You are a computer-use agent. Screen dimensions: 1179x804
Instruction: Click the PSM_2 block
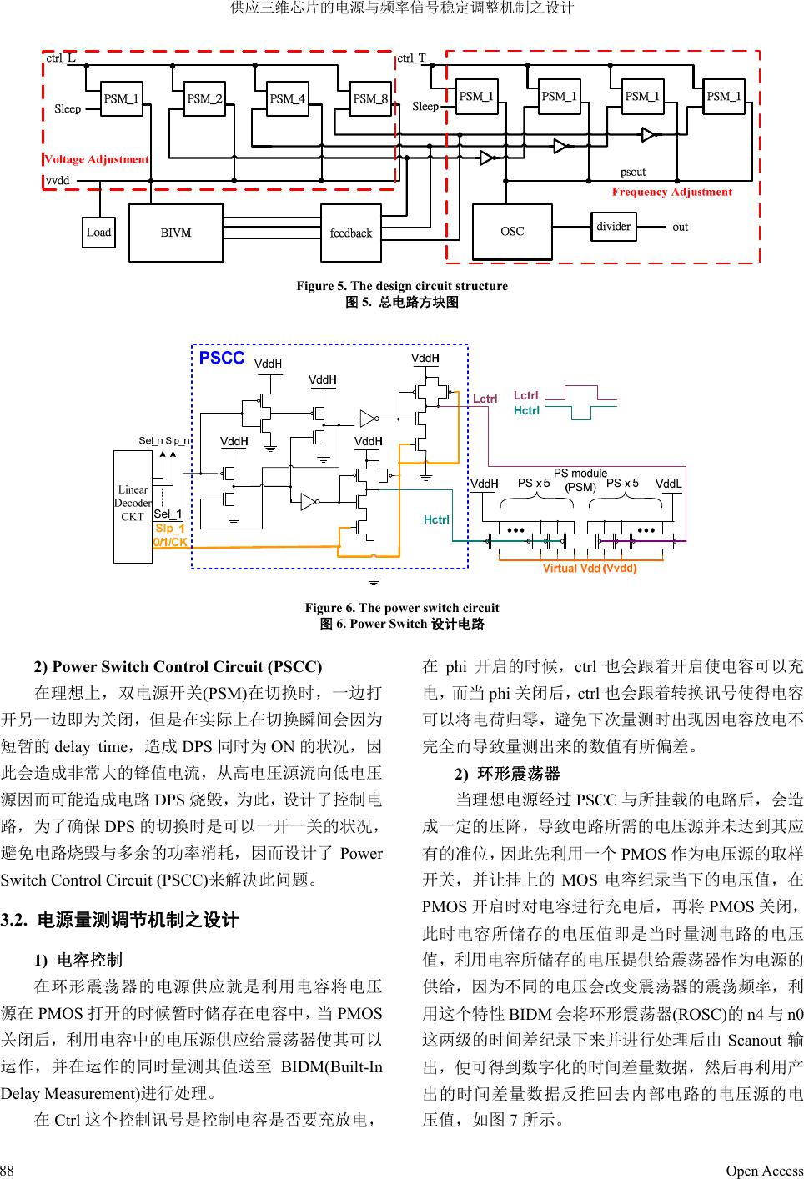tap(205, 98)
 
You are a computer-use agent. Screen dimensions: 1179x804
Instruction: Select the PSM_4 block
tap(288, 98)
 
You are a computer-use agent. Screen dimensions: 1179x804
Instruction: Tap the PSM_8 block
tap(370, 98)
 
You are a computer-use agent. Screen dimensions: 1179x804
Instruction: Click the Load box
tap(98, 233)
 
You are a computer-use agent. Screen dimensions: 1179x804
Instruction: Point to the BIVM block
tap(176, 233)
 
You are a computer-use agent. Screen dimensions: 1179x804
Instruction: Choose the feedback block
tap(351, 233)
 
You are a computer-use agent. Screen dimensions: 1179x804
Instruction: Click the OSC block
tap(512, 231)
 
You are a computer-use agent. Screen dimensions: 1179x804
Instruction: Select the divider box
tap(613, 226)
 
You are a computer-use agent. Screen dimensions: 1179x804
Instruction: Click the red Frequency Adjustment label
tap(671, 192)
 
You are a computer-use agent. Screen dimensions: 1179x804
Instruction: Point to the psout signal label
tap(633, 173)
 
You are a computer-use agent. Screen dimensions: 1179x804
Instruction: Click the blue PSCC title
tap(222, 359)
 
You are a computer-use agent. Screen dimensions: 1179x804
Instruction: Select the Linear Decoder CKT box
tap(133, 503)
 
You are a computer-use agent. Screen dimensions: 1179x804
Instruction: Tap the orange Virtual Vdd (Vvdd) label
tap(590, 569)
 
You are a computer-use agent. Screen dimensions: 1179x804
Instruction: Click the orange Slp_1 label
tap(169, 529)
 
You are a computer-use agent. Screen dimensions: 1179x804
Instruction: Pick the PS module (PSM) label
tap(580, 480)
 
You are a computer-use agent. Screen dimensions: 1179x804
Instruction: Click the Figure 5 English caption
tap(402, 286)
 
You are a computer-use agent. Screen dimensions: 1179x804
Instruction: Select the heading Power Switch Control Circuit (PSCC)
tap(178, 666)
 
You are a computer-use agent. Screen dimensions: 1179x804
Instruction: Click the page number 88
tap(8, 1171)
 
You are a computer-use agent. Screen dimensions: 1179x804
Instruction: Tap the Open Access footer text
tap(764, 1171)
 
